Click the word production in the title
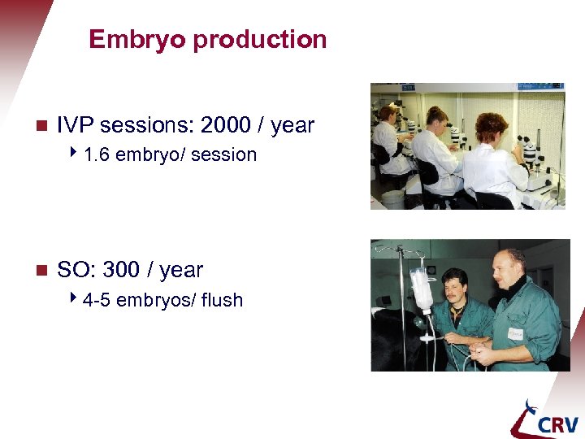click(x=259, y=40)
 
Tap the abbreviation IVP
click(x=75, y=125)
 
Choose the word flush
click(x=222, y=300)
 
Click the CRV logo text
click(x=557, y=424)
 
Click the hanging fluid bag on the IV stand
click(x=421, y=289)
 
